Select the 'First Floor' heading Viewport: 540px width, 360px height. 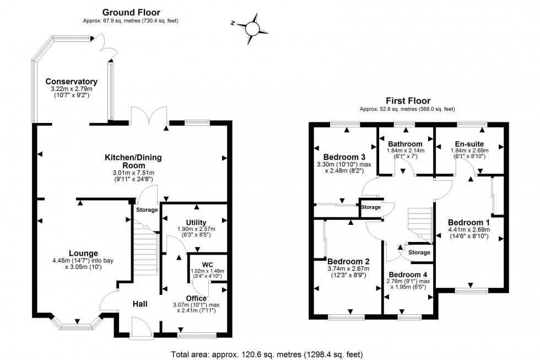point(407,101)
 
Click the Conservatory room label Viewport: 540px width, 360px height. point(72,82)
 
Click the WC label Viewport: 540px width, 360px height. point(208,264)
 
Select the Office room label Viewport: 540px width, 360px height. point(196,298)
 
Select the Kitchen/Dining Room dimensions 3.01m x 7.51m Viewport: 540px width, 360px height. point(133,173)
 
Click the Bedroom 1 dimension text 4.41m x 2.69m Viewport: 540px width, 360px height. point(468,223)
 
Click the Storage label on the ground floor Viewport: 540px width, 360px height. point(147,209)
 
